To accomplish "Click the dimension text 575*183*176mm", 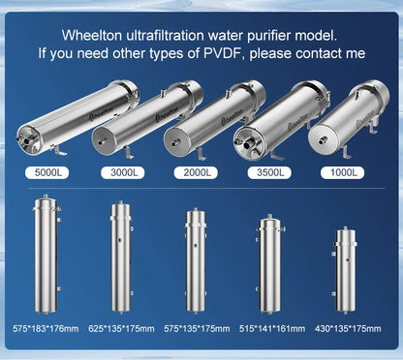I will coord(46,328).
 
